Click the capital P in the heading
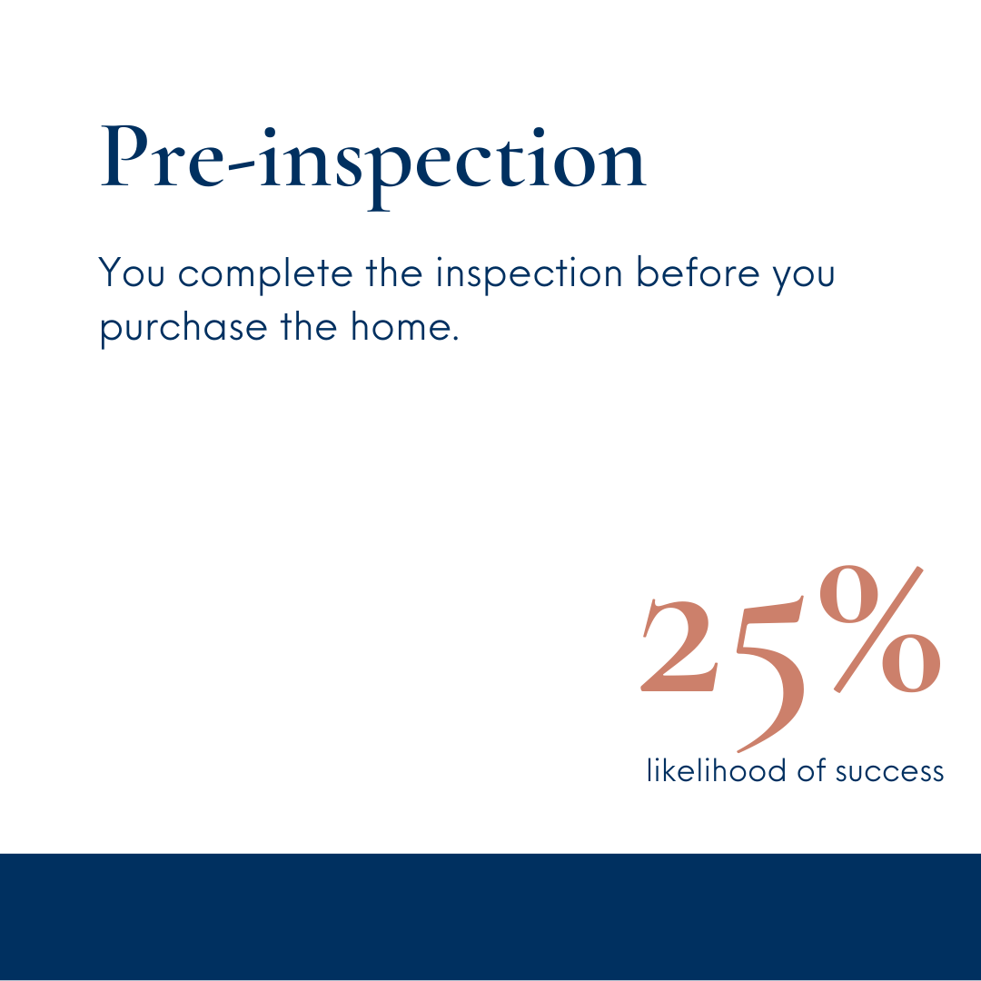[125, 155]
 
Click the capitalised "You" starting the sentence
[132, 272]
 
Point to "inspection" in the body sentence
[530, 274]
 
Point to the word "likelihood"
[717, 770]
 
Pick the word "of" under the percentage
[812, 770]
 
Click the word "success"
[889, 773]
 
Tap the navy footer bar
[490, 917]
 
